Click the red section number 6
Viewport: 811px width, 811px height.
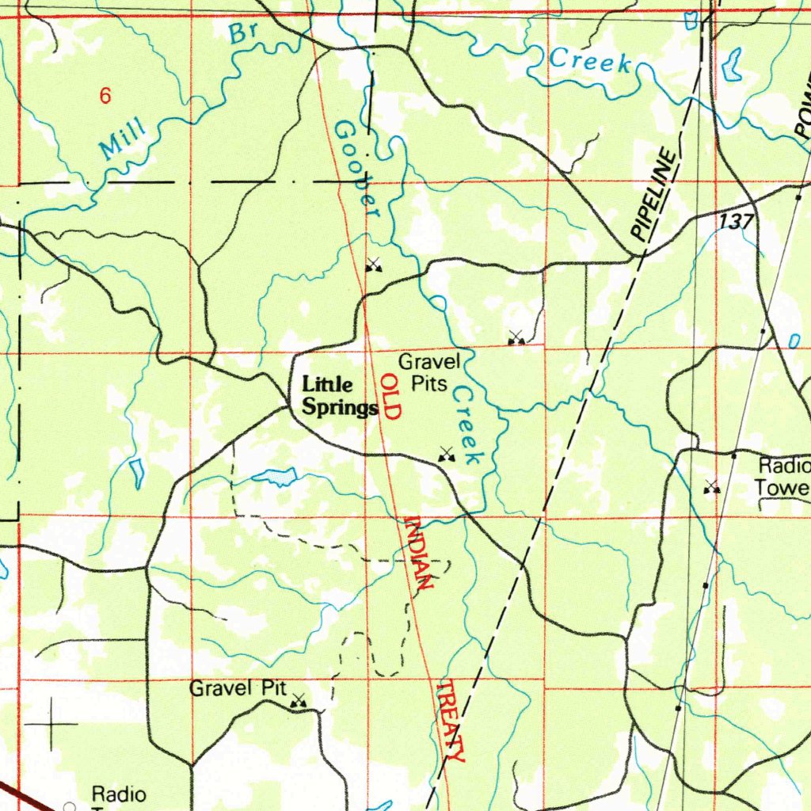105,97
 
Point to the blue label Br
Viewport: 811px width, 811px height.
241,33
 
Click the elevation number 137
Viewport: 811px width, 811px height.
737,223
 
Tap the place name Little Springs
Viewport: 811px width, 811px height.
339,396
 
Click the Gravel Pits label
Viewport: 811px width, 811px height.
429,373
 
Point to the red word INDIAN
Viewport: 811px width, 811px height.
417,552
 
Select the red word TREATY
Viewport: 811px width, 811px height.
451,720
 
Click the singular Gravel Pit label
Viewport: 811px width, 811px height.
237,688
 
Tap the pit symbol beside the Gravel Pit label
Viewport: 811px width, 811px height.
299,700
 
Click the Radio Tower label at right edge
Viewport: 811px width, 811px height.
782,476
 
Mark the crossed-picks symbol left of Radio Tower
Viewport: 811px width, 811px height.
711,487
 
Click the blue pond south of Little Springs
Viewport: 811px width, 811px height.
274,477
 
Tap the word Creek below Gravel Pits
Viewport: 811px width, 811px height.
469,425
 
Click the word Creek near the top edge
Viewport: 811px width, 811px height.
590,61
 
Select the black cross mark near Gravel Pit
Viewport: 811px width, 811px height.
52,723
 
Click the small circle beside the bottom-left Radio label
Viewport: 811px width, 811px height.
69,805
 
